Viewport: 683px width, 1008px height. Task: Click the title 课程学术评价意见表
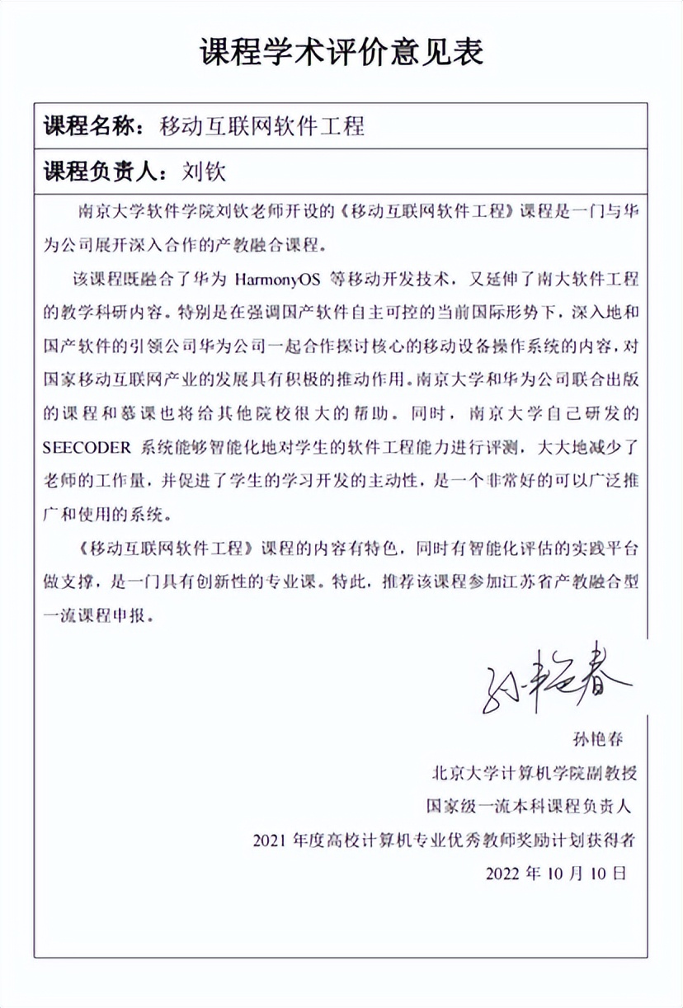[x=341, y=52]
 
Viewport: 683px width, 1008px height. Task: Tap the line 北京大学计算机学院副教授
[x=535, y=774]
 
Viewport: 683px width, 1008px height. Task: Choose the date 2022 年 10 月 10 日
[x=556, y=872]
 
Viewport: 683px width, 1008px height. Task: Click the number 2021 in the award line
[x=274, y=841]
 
